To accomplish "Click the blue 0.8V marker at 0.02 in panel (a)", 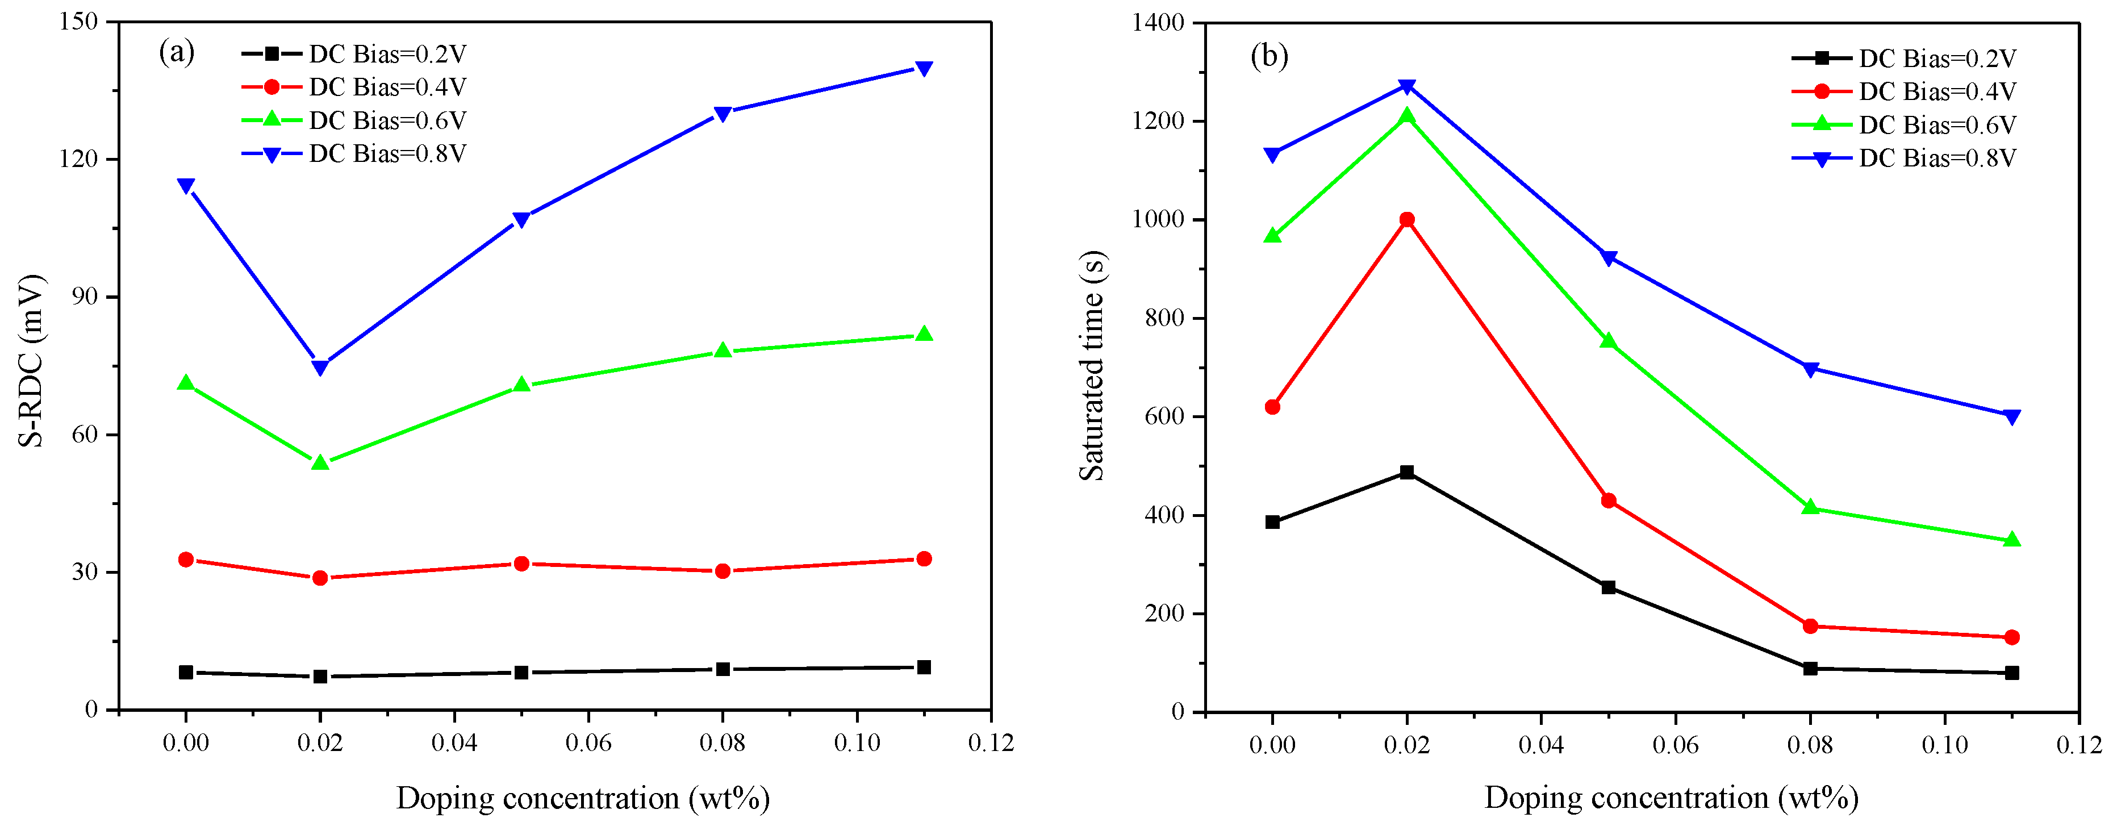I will (320, 366).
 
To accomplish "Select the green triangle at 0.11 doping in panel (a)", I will (924, 334).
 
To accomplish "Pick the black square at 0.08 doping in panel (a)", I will (723, 669).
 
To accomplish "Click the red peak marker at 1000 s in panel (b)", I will (1407, 220).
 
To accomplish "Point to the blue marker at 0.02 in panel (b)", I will (1407, 86).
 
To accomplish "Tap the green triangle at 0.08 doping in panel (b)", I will (1810, 508).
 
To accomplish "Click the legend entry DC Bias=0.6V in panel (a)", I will (386, 120).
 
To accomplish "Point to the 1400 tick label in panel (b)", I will (1158, 23).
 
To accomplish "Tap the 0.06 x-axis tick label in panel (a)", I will (588, 743).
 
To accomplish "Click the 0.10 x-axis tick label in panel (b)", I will (1944, 745).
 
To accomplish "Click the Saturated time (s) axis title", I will (1092, 366).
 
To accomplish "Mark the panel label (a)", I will (176, 52).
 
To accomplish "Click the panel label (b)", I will (1269, 56).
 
